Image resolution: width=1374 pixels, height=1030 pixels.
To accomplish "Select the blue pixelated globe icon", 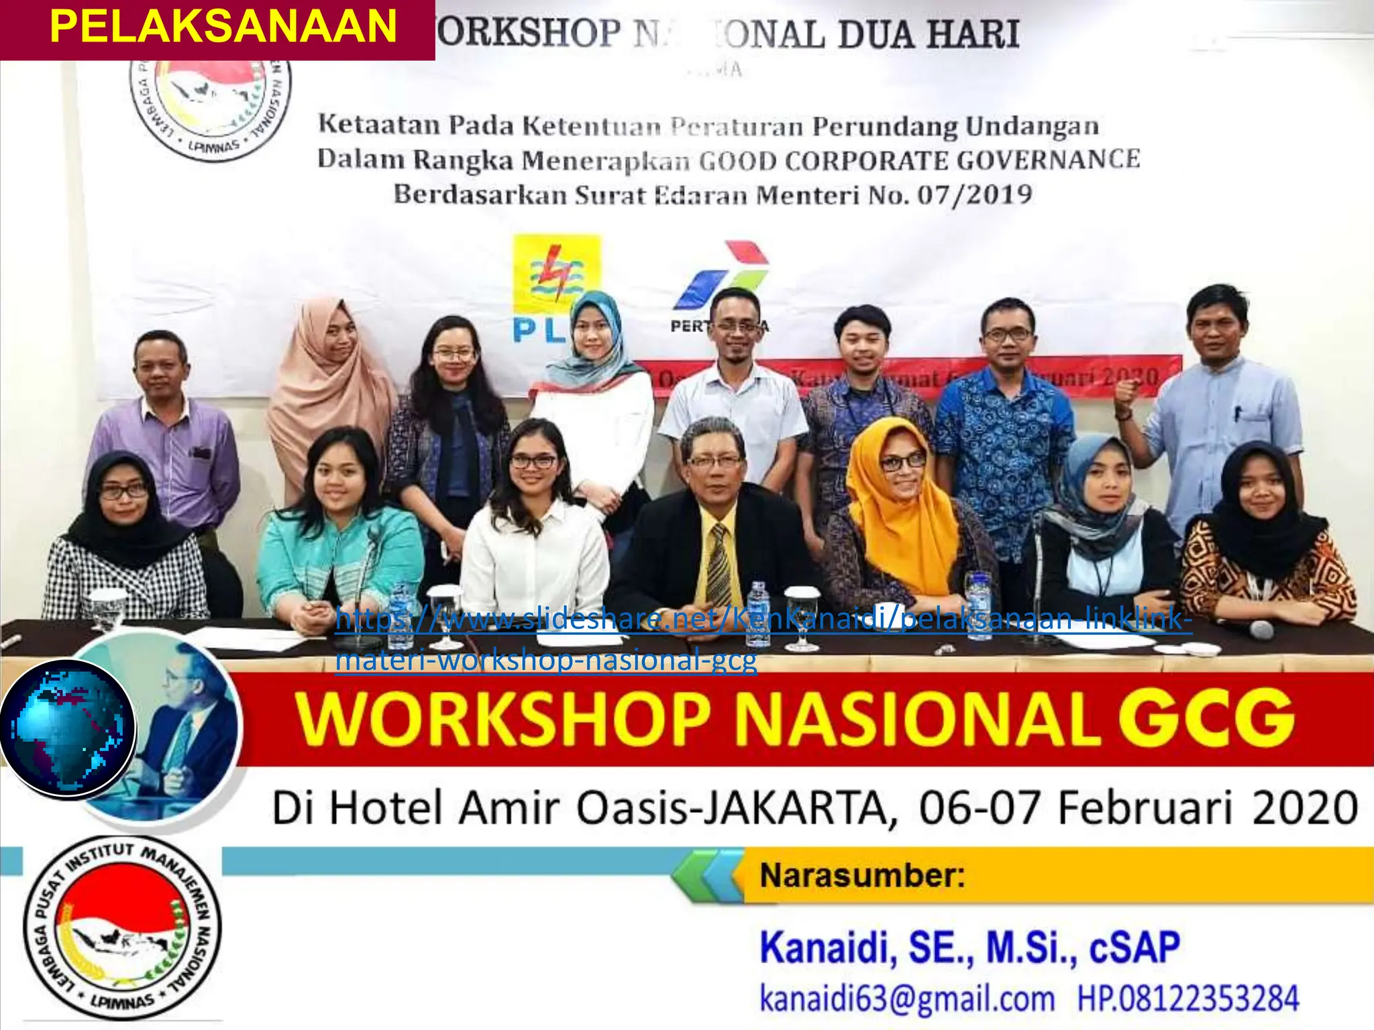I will tap(67, 728).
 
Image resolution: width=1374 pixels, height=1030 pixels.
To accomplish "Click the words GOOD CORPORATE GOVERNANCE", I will tap(919, 161).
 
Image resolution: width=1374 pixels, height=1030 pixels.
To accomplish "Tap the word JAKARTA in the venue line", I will tap(798, 808).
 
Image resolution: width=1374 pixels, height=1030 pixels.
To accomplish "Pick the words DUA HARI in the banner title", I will tap(929, 35).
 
